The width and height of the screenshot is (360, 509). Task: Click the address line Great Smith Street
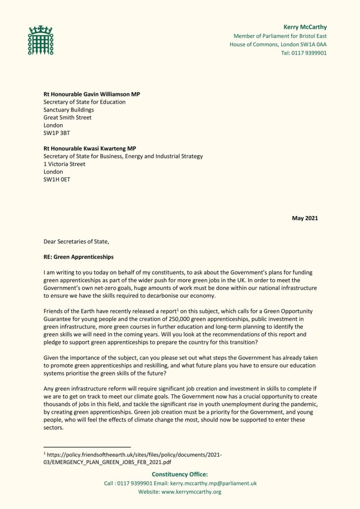tap(67, 118)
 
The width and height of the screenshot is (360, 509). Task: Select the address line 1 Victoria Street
tap(64, 164)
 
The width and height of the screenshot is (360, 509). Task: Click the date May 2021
tap(305, 219)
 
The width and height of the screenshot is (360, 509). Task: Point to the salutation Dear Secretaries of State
tap(76, 241)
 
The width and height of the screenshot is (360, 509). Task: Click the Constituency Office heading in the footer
tap(180, 474)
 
